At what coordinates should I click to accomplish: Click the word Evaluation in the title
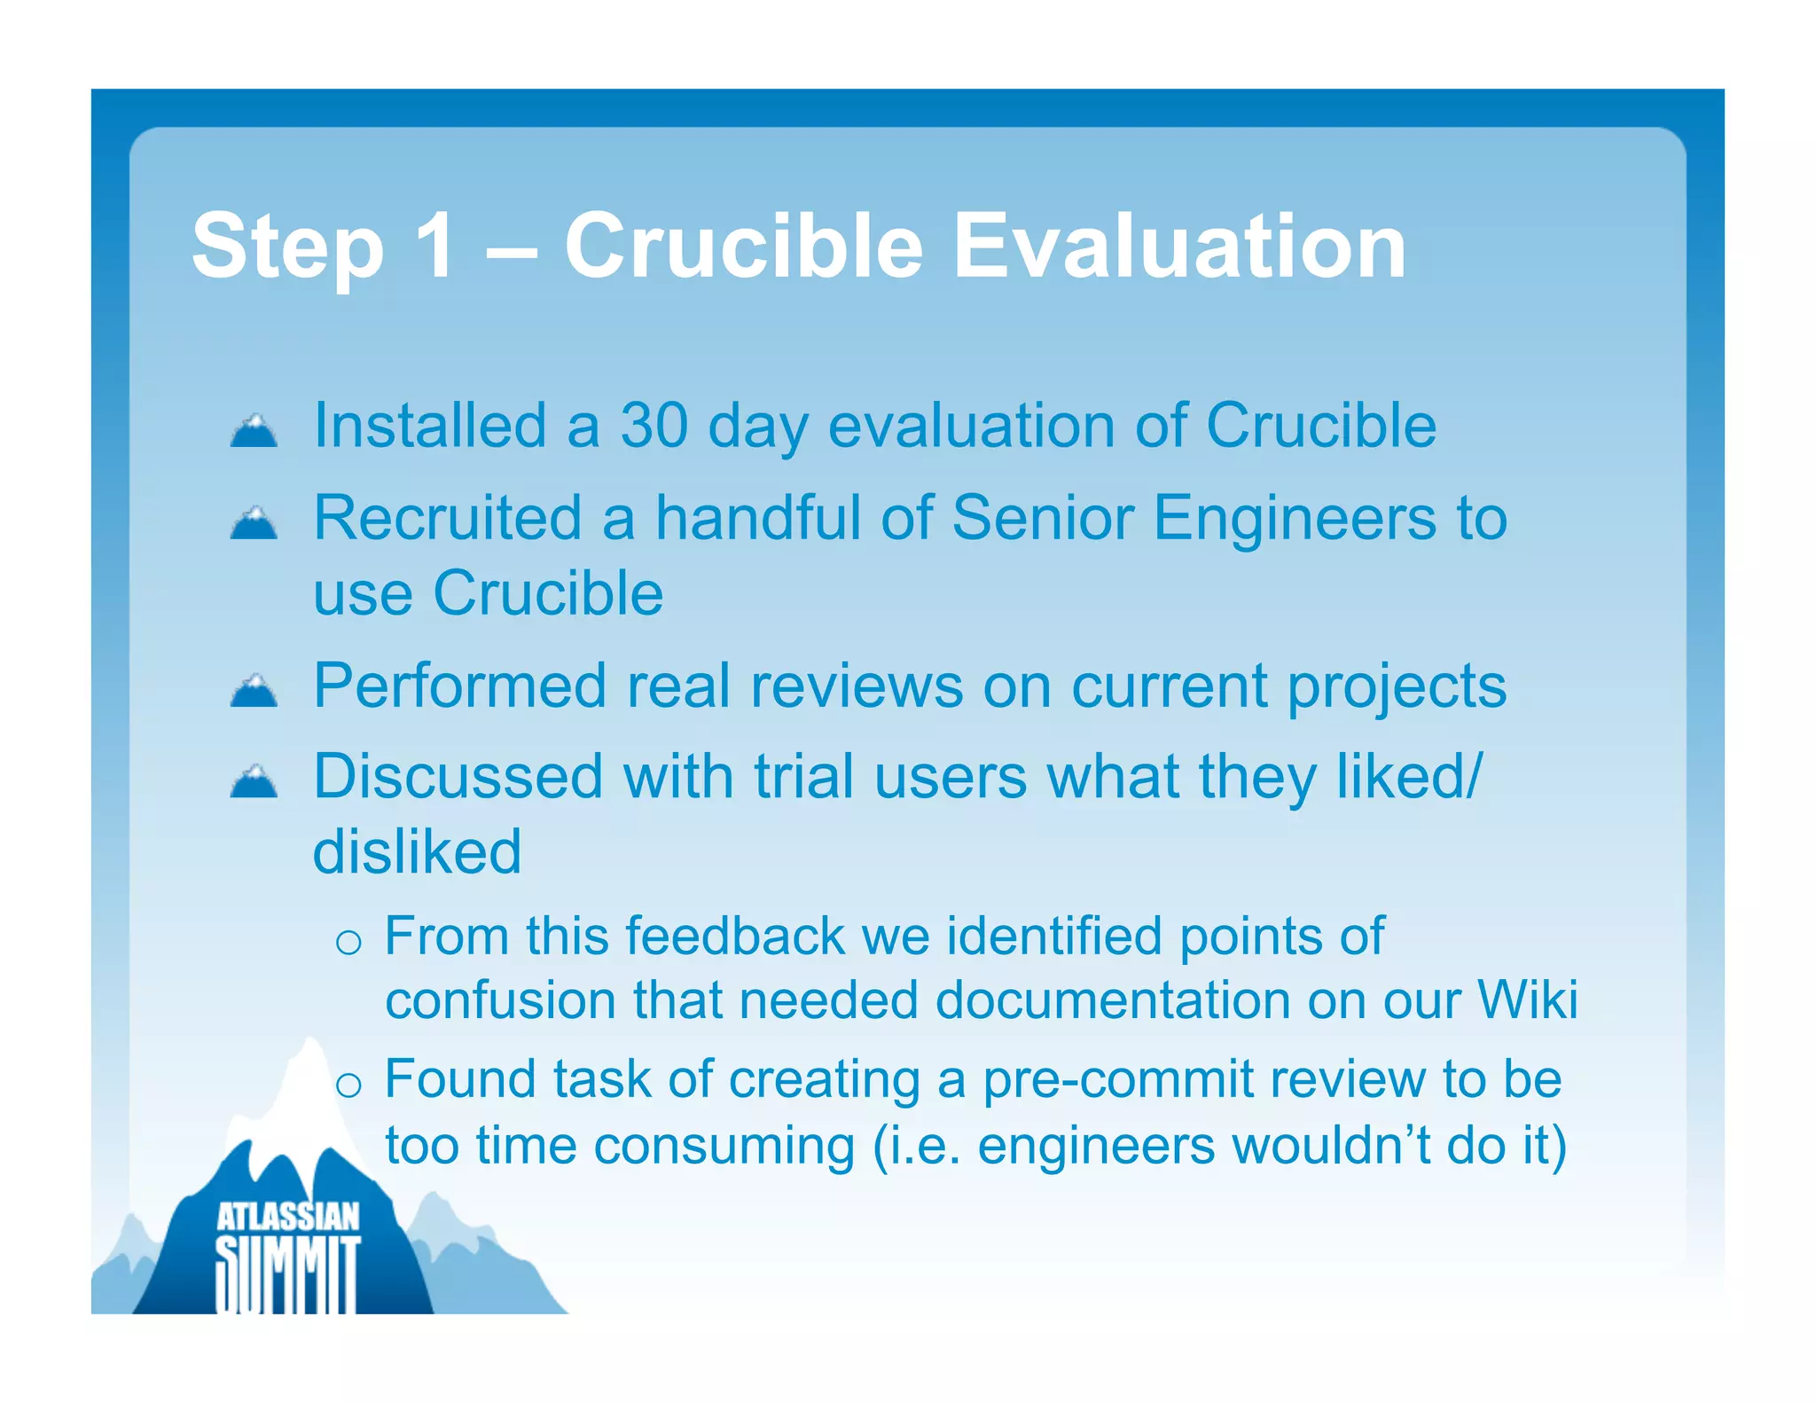coord(1178,246)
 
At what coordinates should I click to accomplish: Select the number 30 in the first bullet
coord(654,426)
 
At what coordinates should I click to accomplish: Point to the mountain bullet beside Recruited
coord(254,523)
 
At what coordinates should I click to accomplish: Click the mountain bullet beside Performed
coord(254,691)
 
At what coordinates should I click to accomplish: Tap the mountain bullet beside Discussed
coord(254,782)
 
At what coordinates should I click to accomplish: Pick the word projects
coord(1396,688)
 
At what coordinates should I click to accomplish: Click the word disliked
coord(417,851)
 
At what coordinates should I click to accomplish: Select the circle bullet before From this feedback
coord(348,943)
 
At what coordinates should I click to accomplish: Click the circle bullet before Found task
coord(348,1086)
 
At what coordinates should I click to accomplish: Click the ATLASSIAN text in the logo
coord(288,1217)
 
